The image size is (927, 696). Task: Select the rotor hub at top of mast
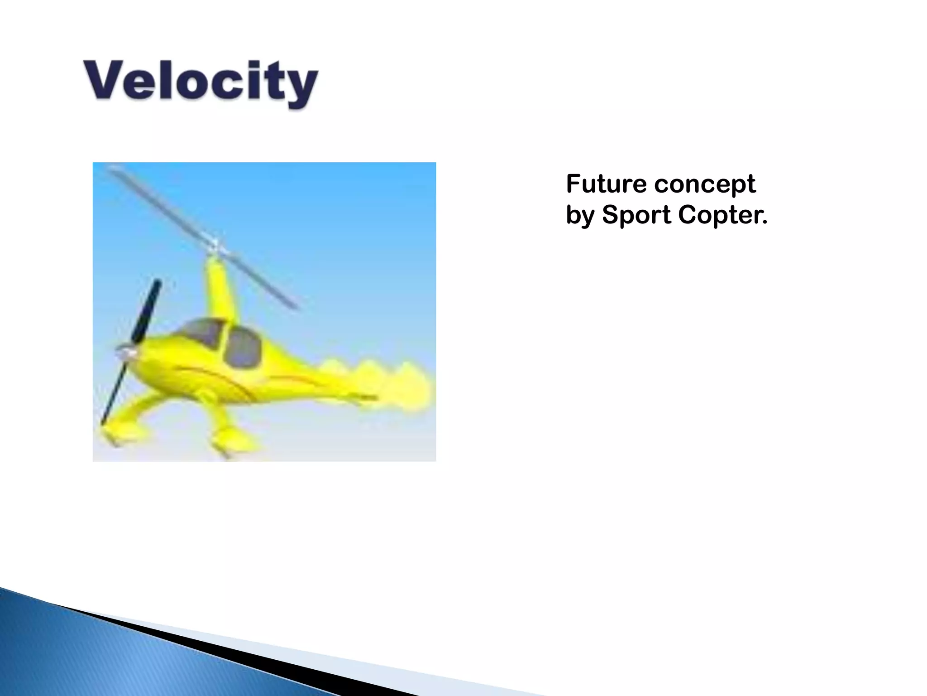point(215,247)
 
